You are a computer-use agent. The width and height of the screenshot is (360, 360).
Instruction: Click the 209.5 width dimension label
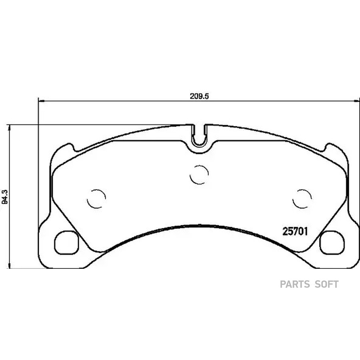point(199,96)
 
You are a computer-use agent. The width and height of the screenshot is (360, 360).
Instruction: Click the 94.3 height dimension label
point(5,197)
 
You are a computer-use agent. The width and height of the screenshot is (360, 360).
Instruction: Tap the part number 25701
point(295,232)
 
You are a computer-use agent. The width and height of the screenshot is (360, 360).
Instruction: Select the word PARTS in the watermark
point(295,284)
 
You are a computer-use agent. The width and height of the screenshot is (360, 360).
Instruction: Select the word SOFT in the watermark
point(326,284)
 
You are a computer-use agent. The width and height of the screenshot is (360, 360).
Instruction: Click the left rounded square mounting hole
point(66,243)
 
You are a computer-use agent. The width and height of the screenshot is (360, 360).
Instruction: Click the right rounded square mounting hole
point(332,243)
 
